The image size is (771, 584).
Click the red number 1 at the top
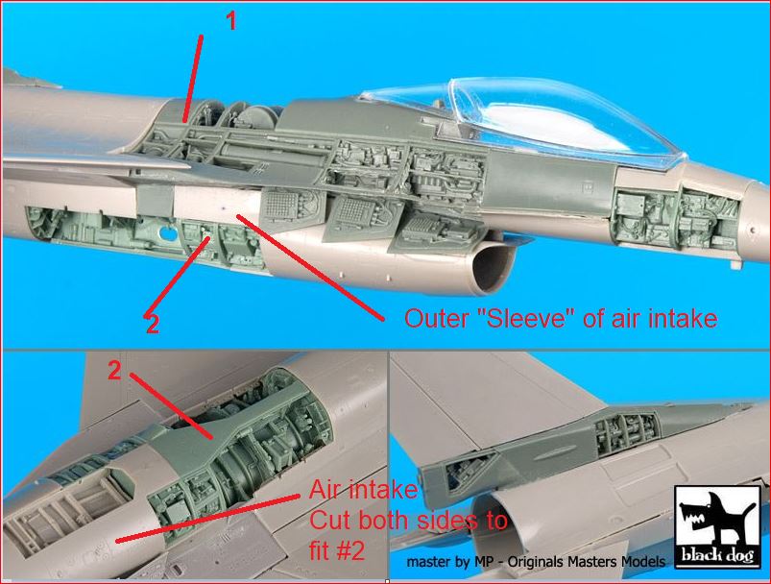230,21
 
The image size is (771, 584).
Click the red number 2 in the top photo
153,324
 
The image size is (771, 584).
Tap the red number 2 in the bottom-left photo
114,371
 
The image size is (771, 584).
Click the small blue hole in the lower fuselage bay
168,233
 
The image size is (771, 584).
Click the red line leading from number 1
192,78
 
